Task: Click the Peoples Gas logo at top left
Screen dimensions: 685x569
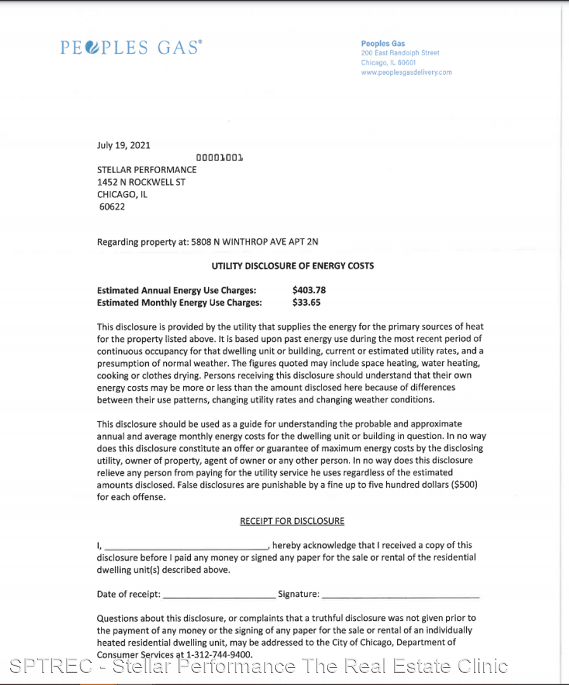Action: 131,47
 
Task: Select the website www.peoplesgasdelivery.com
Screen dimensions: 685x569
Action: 406,72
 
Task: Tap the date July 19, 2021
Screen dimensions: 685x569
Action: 124,145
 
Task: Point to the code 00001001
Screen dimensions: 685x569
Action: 219,157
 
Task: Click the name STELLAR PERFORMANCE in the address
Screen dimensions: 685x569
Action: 147,170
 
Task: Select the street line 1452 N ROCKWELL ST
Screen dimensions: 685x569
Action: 141,182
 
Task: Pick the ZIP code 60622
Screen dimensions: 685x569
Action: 112,207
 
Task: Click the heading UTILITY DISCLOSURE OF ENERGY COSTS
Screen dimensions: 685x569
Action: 292,266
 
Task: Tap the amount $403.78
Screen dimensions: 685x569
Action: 309,290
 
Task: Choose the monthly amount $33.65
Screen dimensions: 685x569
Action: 306,303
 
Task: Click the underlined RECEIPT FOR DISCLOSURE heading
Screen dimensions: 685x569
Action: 292,521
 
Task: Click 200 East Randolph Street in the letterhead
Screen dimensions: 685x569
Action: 400,53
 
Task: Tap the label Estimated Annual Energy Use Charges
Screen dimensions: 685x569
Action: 176,290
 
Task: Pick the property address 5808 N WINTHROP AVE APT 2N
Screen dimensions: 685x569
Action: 255,242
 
